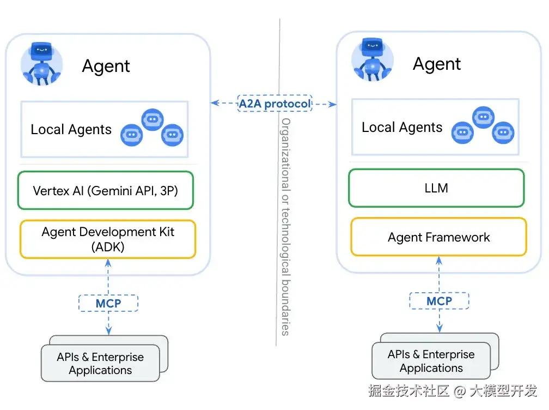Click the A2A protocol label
coord(274,103)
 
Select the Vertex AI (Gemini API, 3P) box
coord(106,191)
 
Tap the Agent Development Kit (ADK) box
coord(107,239)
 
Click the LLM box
coord(436,188)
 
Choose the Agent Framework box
coord(438,237)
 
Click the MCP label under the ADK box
coord(108,303)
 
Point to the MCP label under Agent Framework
coord(439,301)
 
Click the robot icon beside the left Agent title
coord(41,64)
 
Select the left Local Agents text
coord(71,130)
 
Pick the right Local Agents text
coord(402,128)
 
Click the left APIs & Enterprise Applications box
coord(101,363)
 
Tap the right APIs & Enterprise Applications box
coord(431,361)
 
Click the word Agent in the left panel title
coord(106,67)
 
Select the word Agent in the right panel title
coord(437,64)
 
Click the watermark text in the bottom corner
coord(452,391)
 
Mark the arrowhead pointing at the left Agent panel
coord(215,102)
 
